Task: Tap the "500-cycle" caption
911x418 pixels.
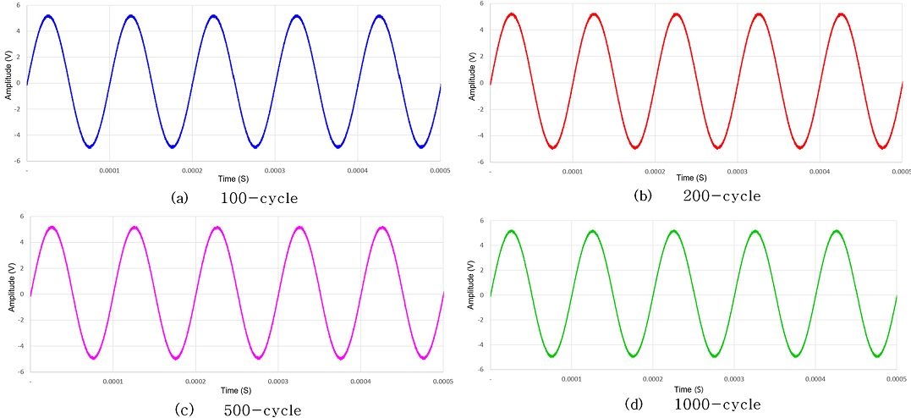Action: (x=262, y=410)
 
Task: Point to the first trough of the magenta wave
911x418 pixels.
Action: (x=93, y=358)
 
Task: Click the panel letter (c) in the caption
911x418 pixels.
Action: (x=183, y=410)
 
